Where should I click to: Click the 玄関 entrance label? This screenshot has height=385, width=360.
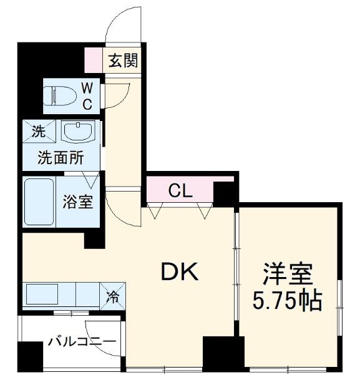point(123,61)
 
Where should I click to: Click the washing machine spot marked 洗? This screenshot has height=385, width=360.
point(39,132)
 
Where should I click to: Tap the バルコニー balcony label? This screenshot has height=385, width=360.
point(81,342)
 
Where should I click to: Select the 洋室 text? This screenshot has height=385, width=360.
point(288,274)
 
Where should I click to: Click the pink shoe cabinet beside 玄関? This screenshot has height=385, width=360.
point(94,61)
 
